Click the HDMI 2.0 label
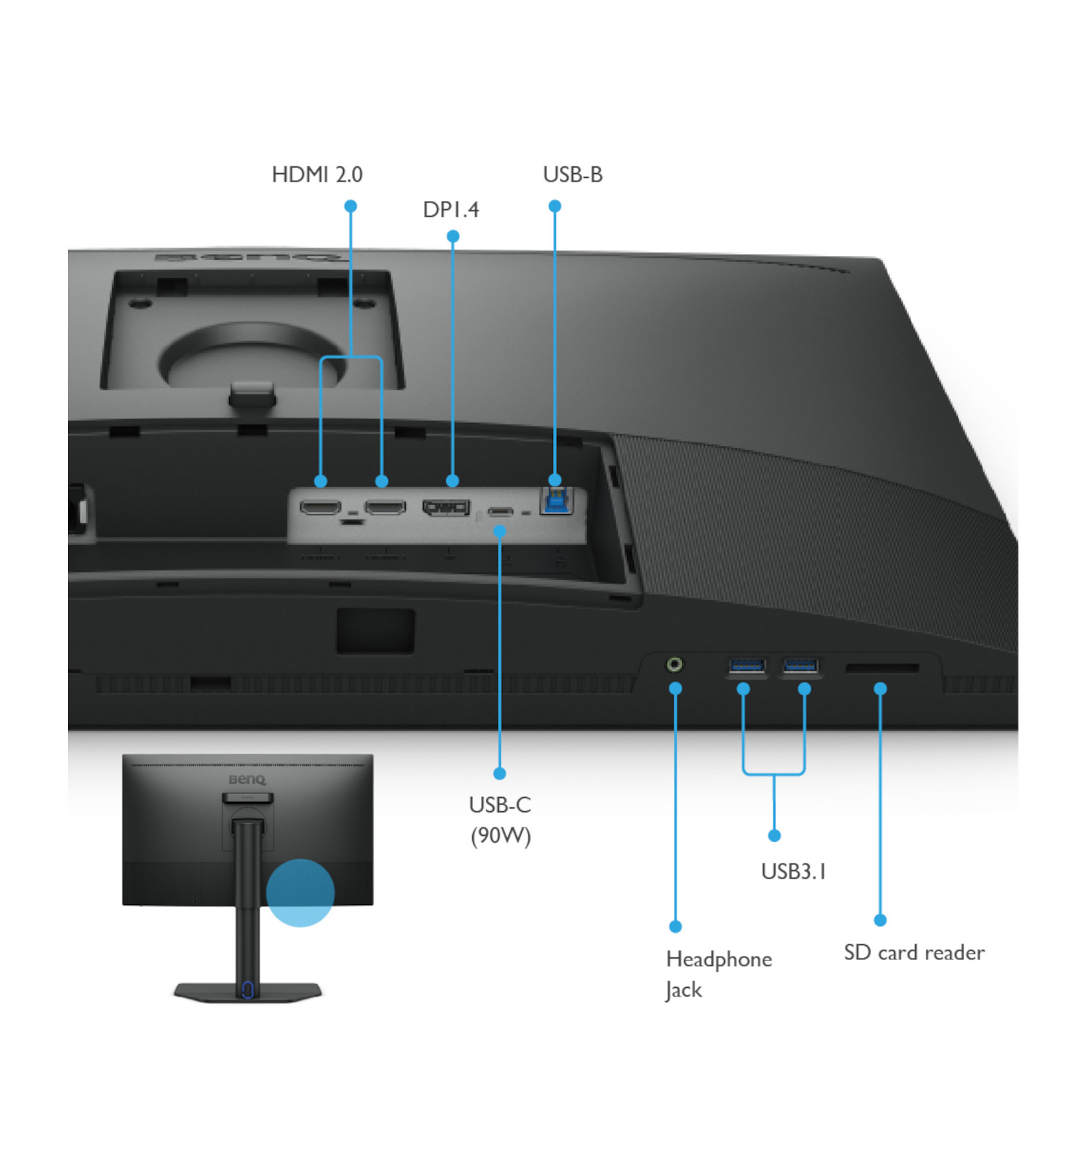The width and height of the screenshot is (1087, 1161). [x=317, y=174]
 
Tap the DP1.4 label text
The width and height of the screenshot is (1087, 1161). [x=451, y=209]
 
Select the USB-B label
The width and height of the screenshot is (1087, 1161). [x=573, y=174]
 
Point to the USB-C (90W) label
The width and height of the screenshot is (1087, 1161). [x=500, y=820]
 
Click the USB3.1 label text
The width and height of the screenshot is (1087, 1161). [x=794, y=871]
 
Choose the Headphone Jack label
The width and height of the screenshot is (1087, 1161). [x=719, y=974]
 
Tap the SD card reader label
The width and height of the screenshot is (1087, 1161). [x=914, y=953]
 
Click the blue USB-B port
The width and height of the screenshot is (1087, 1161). [x=556, y=500]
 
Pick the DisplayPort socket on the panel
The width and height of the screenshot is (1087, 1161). [x=446, y=507]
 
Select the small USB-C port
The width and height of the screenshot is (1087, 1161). [x=500, y=511]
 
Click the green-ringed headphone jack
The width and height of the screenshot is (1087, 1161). [x=675, y=664]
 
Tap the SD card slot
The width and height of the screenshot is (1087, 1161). [x=882, y=669]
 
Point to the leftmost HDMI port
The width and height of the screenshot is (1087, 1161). [x=321, y=507]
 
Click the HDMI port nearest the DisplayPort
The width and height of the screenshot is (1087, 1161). [x=385, y=507]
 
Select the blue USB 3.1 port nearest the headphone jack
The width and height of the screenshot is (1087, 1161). [x=747, y=665]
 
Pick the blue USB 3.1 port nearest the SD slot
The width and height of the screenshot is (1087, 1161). [x=800, y=665]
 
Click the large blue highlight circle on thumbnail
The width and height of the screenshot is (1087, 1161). [x=300, y=893]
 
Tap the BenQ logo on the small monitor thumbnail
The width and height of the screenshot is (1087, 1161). [x=247, y=779]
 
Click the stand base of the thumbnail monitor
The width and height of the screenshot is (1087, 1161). [x=247, y=992]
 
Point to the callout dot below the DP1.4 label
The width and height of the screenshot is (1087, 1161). [x=453, y=236]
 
